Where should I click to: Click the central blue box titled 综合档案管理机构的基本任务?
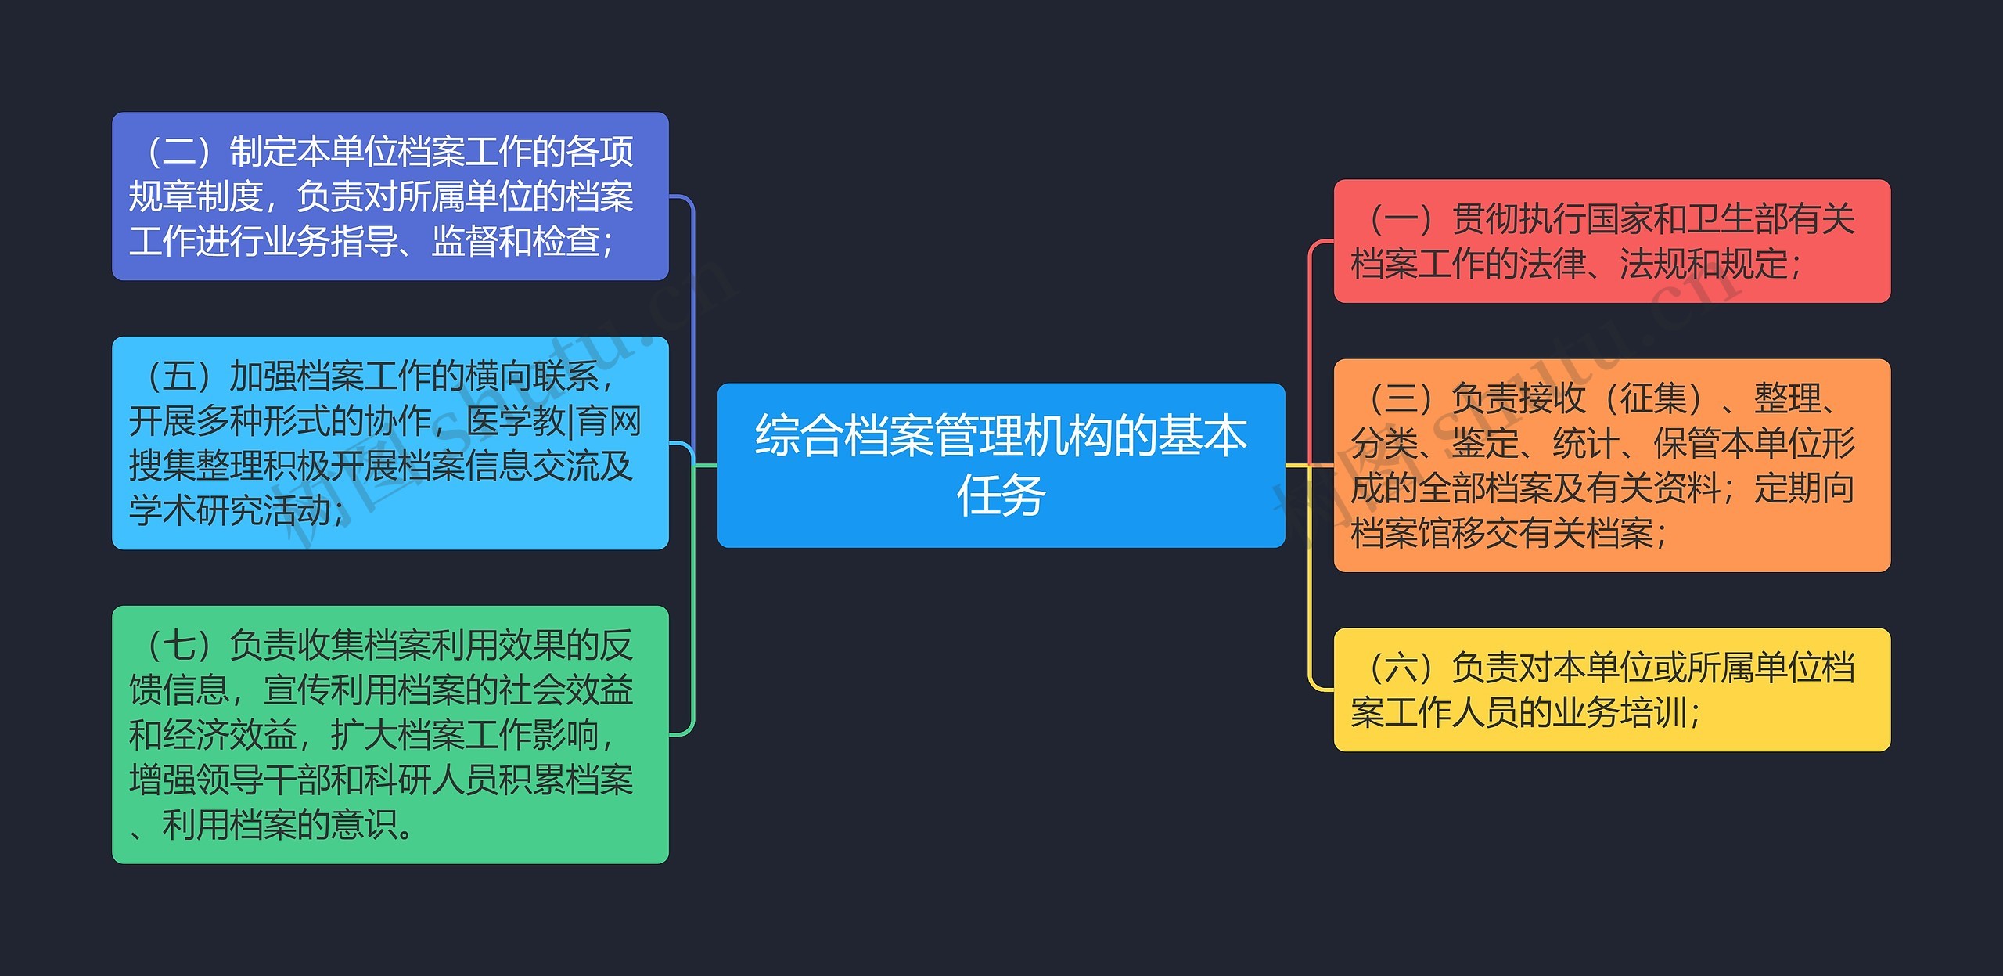click(1001, 465)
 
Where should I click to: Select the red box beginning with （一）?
click(1612, 241)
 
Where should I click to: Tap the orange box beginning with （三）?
click(1612, 465)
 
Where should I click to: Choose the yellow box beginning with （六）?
click(1612, 690)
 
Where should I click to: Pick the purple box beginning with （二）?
click(390, 196)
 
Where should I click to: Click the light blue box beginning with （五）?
click(390, 443)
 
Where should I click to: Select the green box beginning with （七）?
click(390, 735)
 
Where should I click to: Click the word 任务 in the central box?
click(1001, 495)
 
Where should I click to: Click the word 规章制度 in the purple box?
click(196, 196)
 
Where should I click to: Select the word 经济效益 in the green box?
click(230, 735)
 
